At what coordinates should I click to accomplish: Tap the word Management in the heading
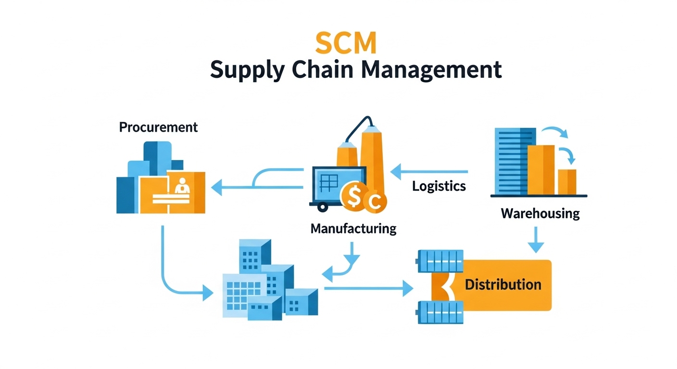[431, 70]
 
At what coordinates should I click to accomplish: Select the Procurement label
[158, 127]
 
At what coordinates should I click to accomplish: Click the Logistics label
[439, 186]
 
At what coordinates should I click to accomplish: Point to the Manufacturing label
[353, 228]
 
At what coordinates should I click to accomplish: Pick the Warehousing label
[540, 213]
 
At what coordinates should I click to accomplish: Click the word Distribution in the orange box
[503, 284]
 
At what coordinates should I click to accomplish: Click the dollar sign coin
[353, 196]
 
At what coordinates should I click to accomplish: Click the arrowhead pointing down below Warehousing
[536, 247]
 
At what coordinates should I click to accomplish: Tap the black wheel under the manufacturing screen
[321, 207]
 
